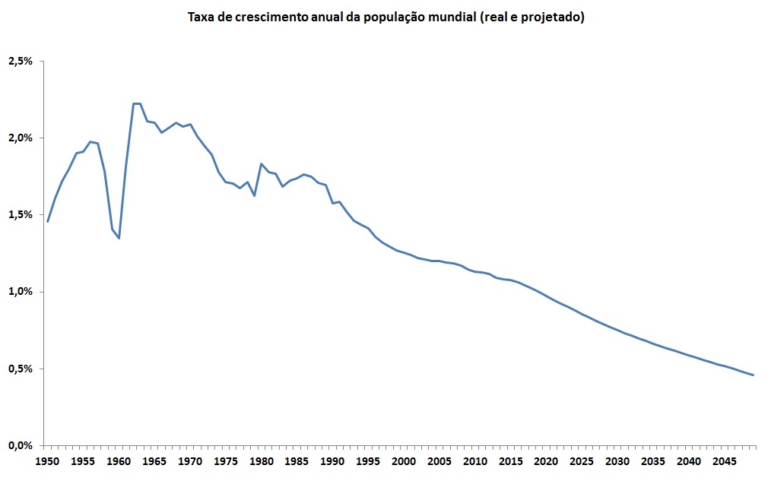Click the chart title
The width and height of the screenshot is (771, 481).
pyautogui.click(x=385, y=17)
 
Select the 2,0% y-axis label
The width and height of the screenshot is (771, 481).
pyautogui.click(x=20, y=138)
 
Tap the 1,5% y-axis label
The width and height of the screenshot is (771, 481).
pyautogui.click(x=20, y=215)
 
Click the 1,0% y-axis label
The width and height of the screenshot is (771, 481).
pyautogui.click(x=20, y=292)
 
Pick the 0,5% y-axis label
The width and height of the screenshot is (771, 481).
pyautogui.click(x=20, y=369)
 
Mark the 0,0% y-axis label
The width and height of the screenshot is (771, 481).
pyautogui.click(x=20, y=445)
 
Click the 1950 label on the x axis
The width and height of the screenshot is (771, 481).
pyautogui.click(x=47, y=461)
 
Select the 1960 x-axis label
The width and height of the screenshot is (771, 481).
pyautogui.click(x=119, y=461)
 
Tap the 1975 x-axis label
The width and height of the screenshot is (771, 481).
pyautogui.click(x=226, y=461)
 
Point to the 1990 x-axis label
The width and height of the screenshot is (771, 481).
pyautogui.click(x=332, y=461)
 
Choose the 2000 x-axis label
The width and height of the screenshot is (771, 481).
pyautogui.click(x=404, y=461)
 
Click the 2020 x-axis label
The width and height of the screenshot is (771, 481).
pyautogui.click(x=546, y=461)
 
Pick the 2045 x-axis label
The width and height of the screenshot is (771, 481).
pyautogui.click(x=725, y=461)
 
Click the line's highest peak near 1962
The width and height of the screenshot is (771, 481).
pyautogui.click(x=137, y=103)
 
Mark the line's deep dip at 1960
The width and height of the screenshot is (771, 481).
pyautogui.click(x=119, y=238)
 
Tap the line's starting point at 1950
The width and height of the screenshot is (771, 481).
pyautogui.click(x=47, y=222)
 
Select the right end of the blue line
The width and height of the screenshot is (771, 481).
pyautogui.click(x=753, y=375)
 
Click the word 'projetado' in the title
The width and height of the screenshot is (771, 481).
pyautogui.click(x=551, y=17)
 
